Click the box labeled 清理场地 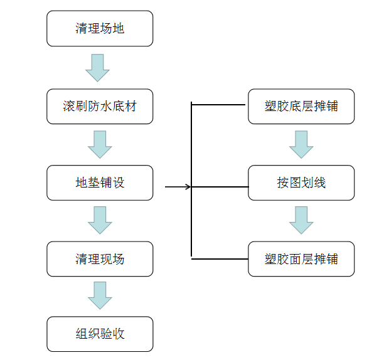pos(100,29)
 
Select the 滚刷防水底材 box pos(100,106)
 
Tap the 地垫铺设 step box pos(100,183)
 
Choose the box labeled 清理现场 pos(100,259)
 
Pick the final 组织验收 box pos(100,334)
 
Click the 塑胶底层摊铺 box pos(301,106)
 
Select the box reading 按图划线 pos(301,183)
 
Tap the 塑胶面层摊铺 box pos(301,259)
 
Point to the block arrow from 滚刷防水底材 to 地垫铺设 pos(100,144)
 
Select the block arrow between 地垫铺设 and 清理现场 pos(100,220)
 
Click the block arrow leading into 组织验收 pos(100,295)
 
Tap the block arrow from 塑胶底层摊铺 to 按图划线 pos(301,144)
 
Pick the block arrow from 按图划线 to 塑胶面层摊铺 pos(301,220)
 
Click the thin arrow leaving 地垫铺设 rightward pos(178,186)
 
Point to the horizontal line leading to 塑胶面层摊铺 pos(220,258)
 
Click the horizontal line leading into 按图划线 pos(220,186)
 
